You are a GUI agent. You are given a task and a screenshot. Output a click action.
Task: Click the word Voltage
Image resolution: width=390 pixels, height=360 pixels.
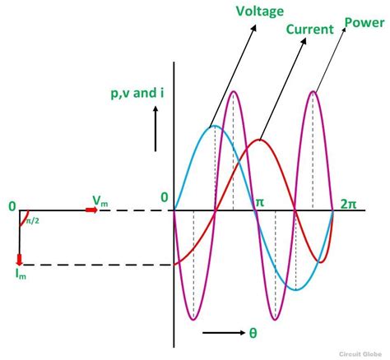(260, 12)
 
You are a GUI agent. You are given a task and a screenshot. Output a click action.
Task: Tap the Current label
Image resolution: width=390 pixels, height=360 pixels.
(309, 29)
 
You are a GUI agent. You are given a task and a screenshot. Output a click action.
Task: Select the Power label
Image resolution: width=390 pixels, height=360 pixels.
(364, 22)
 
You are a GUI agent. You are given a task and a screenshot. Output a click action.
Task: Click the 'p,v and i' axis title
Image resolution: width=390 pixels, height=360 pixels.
(137, 94)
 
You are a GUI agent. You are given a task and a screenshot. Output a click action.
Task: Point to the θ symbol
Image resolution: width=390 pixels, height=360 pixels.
(253, 333)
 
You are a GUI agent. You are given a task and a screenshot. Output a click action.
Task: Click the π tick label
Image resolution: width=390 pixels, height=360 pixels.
(260, 203)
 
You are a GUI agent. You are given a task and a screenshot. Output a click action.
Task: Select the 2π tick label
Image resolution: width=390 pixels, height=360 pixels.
(348, 204)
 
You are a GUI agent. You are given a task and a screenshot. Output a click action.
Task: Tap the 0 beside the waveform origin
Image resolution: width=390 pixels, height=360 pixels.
(165, 197)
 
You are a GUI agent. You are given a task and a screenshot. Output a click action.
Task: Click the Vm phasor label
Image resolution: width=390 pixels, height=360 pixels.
(100, 201)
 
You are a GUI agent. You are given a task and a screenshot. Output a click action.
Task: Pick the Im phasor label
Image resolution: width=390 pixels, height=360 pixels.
(21, 274)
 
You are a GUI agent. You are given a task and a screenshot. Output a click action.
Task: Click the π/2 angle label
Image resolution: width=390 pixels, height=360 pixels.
(33, 220)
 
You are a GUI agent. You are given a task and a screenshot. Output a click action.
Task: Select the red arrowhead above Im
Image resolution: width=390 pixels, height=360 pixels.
(19, 260)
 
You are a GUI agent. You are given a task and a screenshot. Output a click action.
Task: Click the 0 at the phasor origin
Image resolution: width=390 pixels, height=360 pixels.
(12, 206)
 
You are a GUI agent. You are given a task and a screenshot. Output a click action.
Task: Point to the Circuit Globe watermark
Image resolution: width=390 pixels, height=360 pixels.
(360, 353)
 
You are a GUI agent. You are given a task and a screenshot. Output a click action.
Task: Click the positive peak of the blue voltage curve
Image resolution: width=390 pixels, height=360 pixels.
(215, 126)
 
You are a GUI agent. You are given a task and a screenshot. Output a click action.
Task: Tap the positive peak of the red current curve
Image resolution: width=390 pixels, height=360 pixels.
(259, 141)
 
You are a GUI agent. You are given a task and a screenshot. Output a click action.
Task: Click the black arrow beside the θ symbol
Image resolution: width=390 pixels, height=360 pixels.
(224, 333)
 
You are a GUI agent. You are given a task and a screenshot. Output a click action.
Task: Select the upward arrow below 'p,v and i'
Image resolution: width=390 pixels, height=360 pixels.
(156, 129)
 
